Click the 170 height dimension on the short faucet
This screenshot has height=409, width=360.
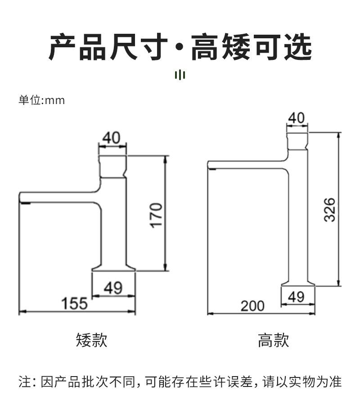coord(156,215)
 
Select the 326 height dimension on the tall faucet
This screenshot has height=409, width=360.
coord(330,209)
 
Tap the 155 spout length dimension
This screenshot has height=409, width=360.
coord(75,303)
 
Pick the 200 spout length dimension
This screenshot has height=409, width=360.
coord(252,306)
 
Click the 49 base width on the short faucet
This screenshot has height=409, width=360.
coord(113,287)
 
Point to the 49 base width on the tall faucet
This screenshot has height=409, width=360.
coord(296,296)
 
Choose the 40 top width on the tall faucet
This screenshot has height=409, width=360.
coord(296,118)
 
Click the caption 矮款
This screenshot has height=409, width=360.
coord(92,340)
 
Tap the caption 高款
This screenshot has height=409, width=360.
coord(273,340)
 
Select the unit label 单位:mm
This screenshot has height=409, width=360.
coord(41,100)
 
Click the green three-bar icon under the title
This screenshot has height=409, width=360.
coord(180,74)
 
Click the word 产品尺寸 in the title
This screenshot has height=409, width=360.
coord(108,47)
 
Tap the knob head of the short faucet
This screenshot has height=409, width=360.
coord(112,166)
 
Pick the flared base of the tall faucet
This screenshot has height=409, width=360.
coord(298,283)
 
